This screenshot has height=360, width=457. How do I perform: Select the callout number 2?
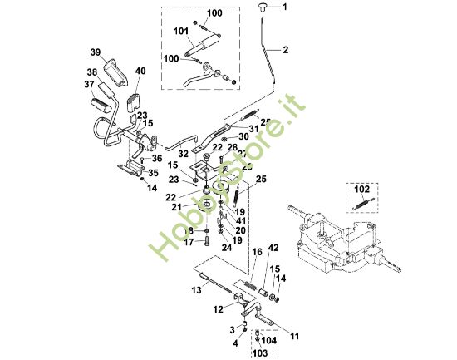285,50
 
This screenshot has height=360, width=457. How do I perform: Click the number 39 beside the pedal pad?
96,53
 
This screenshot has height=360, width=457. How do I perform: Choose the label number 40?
139,72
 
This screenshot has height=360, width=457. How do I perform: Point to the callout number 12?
217,309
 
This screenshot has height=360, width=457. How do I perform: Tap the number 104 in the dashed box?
269,340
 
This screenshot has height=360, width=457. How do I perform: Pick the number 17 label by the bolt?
188,241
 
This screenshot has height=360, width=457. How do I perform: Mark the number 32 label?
182,154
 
